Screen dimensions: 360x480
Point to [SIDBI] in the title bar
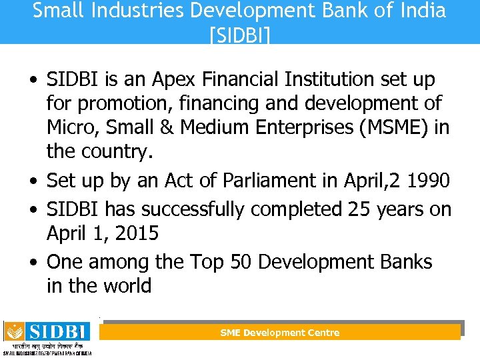tap(239, 33)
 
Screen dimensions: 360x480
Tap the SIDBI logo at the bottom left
tap(47, 337)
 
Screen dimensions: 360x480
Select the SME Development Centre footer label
tap(280, 333)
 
